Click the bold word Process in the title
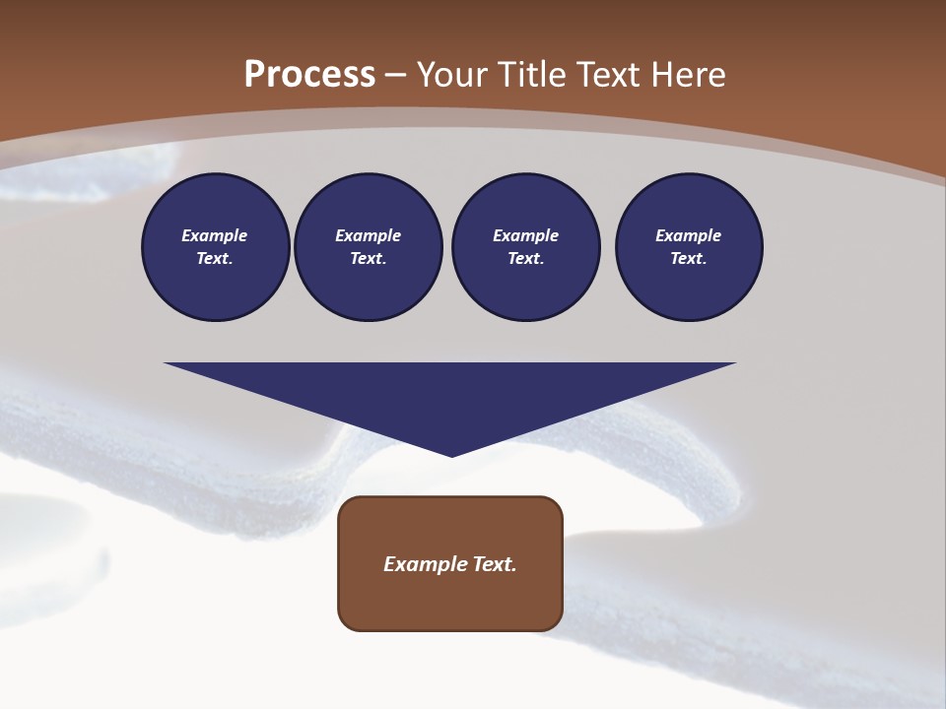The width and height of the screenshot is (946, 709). point(309,75)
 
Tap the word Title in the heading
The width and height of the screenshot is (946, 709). point(534,75)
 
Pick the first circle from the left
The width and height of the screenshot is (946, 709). point(215,247)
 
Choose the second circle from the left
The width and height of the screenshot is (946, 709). point(369,247)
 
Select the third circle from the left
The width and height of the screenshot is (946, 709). point(525,247)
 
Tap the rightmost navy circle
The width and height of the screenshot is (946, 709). point(689,247)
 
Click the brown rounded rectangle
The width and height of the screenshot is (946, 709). point(450,563)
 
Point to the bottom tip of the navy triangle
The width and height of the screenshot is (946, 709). point(451,455)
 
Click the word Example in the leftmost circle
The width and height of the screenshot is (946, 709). point(215,235)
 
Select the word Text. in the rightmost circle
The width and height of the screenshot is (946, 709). point(689,259)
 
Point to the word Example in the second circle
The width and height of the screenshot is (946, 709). point(369,235)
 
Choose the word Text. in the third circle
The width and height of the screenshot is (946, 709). point(525,259)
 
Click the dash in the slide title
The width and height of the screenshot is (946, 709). point(396,75)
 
